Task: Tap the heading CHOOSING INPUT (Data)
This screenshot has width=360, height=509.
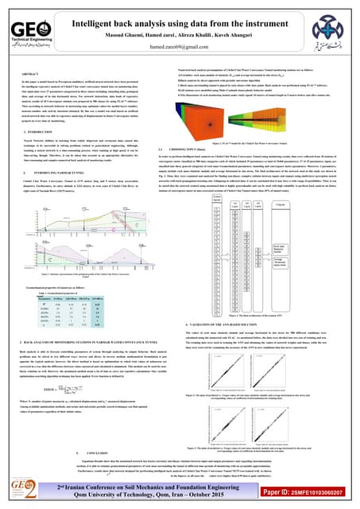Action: pos(211,149)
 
